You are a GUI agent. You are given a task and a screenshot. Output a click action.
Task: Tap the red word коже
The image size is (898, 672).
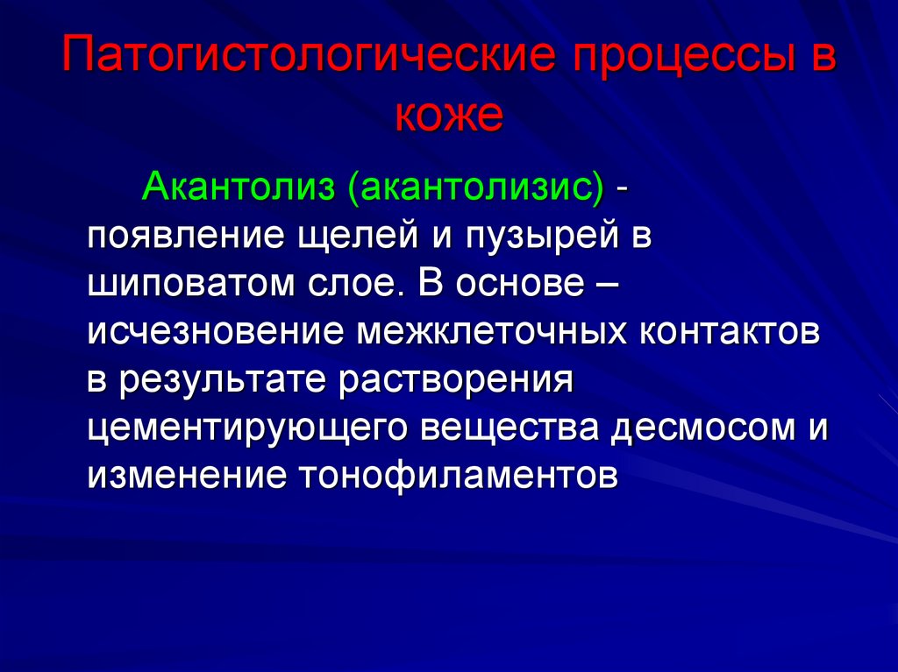tap(449, 117)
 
